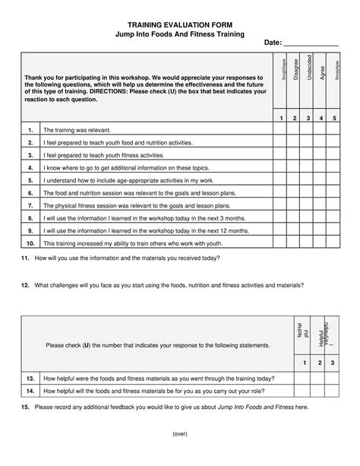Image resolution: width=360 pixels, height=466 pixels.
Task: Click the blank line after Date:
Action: coord(311,43)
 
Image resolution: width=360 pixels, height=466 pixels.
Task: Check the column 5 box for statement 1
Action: coord(336,131)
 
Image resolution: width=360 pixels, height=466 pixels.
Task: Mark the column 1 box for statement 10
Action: coord(281,244)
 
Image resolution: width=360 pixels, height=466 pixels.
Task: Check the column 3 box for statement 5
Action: coord(308,181)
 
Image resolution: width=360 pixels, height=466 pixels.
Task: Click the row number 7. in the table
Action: coord(30,206)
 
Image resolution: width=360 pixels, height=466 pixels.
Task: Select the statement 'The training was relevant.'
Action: coord(77,131)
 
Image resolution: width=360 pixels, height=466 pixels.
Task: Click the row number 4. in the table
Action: coord(30,168)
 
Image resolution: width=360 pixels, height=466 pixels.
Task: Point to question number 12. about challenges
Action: coord(26,285)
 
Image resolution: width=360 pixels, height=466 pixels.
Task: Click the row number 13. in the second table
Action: coord(30,378)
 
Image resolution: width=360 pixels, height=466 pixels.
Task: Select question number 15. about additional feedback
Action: coord(26,407)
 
